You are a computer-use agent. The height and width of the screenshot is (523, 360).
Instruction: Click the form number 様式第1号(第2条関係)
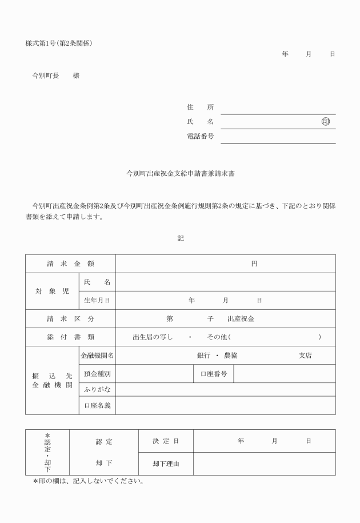click(x=59, y=43)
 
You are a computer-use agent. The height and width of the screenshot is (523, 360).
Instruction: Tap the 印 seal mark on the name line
click(x=326, y=122)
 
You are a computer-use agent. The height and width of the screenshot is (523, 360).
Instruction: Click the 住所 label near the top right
click(x=200, y=107)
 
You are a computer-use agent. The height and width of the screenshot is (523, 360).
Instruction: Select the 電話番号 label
click(x=200, y=137)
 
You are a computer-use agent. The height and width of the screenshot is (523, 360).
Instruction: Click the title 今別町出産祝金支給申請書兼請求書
click(x=181, y=171)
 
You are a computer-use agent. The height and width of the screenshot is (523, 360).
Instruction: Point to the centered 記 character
click(x=181, y=238)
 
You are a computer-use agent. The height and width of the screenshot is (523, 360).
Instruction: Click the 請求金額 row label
click(x=70, y=264)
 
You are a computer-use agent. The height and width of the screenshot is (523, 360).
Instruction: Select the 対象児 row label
click(x=53, y=291)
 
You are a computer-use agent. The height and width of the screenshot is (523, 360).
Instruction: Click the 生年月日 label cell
click(x=97, y=300)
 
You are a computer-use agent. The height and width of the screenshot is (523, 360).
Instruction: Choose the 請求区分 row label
click(x=70, y=318)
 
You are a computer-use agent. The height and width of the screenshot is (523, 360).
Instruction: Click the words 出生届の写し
click(x=153, y=337)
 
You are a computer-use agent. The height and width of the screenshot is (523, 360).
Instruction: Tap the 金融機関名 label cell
click(x=97, y=356)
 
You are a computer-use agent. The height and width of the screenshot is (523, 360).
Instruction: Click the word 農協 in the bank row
click(x=231, y=356)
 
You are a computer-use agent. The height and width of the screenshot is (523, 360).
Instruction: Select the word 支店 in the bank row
click(x=306, y=356)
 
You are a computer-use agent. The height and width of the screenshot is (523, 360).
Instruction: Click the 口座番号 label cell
click(x=214, y=374)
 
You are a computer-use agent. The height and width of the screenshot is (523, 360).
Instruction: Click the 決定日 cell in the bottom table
click(x=166, y=441)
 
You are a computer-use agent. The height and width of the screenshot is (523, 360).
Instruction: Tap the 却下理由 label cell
click(x=166, y=464)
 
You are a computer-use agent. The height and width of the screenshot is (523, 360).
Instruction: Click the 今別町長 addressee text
click(x=46, y=76)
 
